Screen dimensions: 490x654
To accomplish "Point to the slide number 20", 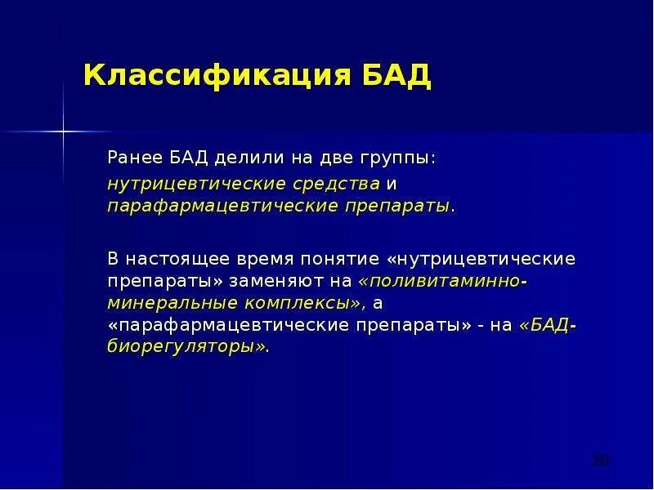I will pyautogui.click(x=600, y=461).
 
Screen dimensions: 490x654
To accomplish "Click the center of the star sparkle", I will pyautogui.click(x=62, y=131).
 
